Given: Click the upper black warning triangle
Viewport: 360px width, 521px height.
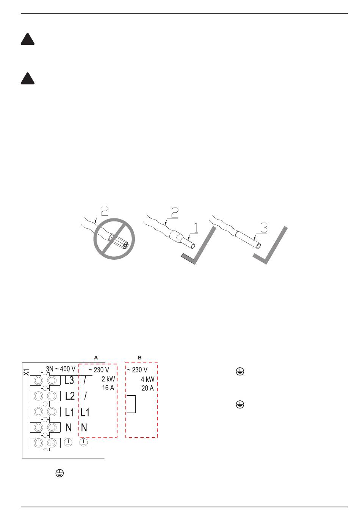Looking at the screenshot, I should (28, 40).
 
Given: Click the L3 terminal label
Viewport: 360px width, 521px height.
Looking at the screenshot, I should (70, 380).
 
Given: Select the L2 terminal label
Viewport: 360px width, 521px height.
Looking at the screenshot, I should (70, 396).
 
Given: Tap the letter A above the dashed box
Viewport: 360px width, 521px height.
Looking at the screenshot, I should (96, 357).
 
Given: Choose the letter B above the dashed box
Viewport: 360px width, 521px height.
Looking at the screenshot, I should (139, 357).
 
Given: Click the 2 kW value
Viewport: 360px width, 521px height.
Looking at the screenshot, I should (108, 379).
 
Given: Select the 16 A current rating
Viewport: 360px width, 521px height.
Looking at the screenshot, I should (108, 388).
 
